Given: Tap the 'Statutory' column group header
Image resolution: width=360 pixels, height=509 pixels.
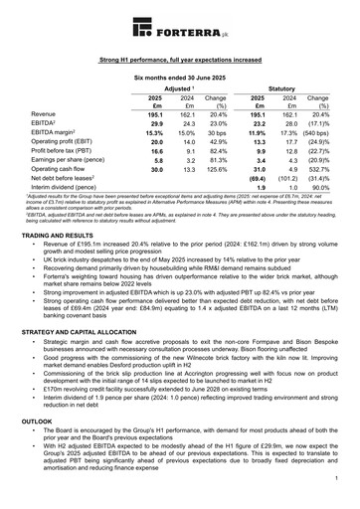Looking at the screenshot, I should click(x=284, y=88).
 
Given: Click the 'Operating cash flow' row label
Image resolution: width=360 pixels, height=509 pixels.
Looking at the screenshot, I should click(x=66, y=170).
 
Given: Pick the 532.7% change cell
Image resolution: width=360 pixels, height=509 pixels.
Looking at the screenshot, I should click(x=318, y=170).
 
